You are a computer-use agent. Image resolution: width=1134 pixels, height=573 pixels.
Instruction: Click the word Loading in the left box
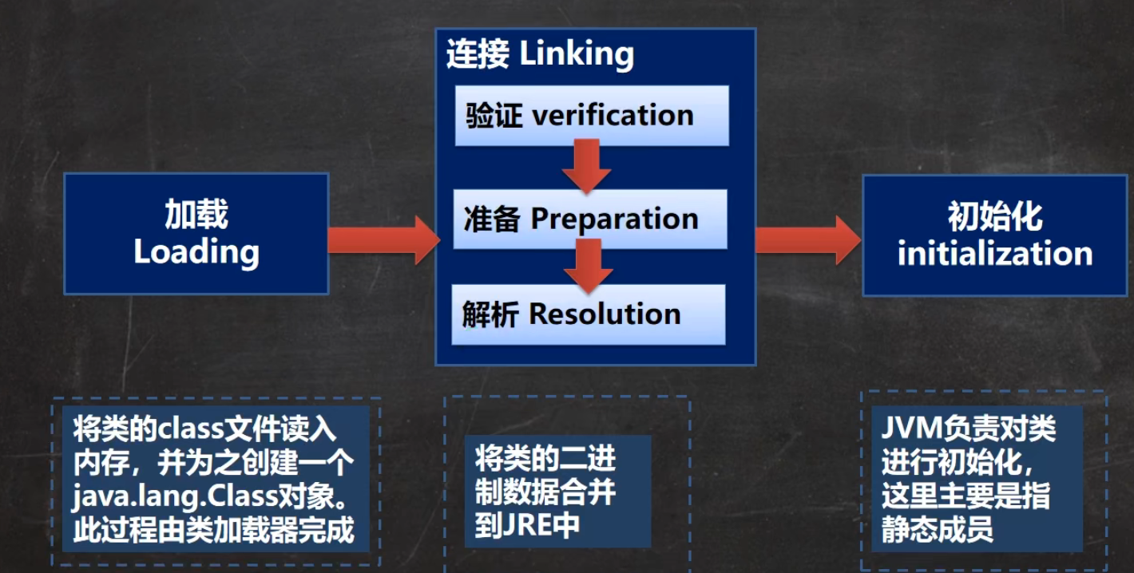196,252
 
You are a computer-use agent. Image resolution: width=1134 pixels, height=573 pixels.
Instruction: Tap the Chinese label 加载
196,214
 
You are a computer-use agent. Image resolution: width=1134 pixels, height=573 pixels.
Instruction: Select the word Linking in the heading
577,54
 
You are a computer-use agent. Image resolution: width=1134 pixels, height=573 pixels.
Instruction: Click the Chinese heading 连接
478,54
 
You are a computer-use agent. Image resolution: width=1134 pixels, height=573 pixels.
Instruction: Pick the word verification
613,116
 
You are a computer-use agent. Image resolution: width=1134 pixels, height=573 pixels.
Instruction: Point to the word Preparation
614,219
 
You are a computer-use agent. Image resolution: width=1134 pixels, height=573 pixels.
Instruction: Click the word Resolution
605,314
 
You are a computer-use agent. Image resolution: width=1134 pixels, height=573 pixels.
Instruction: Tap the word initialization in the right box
994,254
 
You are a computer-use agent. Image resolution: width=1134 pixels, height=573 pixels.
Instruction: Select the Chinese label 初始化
994,215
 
